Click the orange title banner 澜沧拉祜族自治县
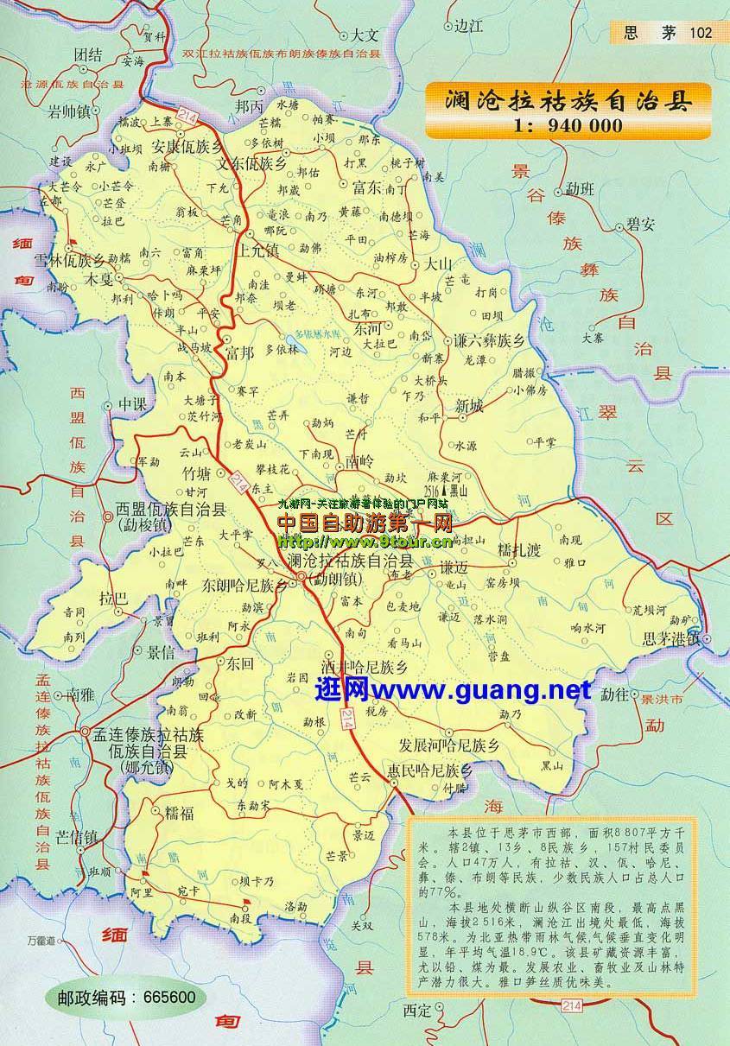tap(568, 99)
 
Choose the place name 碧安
tap(640, 224)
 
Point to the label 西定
tap(416, 1009)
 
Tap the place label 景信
tap(161, 651)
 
